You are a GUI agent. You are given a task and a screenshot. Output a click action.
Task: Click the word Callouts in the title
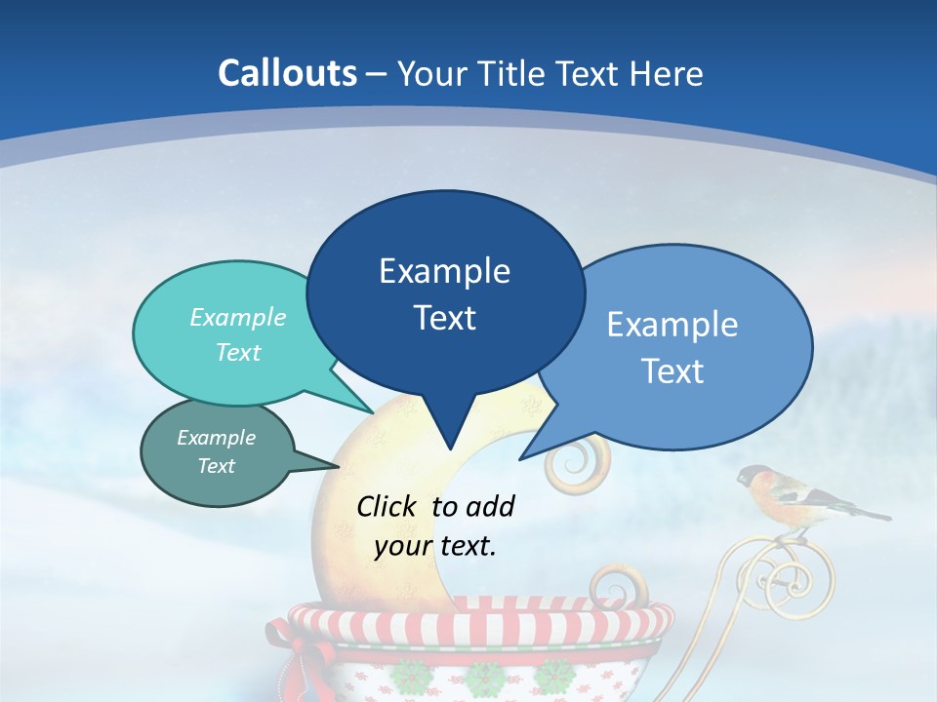point(287,73)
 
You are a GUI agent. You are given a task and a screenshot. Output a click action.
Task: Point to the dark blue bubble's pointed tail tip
point(449,449)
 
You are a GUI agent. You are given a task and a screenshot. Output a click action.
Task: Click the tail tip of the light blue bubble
point(520,458)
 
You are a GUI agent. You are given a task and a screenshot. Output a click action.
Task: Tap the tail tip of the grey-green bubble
point(339,467)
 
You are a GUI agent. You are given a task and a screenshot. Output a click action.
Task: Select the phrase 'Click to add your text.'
point(435,526)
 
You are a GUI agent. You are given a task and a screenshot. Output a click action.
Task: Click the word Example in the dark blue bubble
point(444,271)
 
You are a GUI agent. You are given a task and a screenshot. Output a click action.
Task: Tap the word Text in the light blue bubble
point(672,371)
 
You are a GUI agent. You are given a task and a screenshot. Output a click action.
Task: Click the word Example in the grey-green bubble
point(216,438)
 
